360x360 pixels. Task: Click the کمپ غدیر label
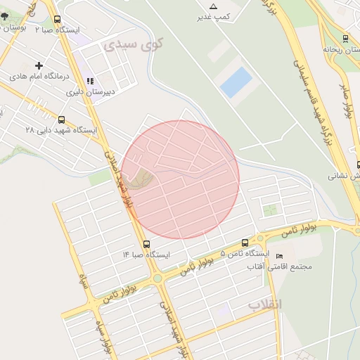pyautogui.click(x=214, y=16)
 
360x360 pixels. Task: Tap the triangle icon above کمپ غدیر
pyautogui.click(x=214, y=6)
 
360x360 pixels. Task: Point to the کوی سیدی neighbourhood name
pyautogui.click(x=133, y=44)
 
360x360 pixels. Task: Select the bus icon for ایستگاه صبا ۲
pyautogui.click(x=57, y=20)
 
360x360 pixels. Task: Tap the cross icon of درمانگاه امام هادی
pyautogui.click(x=39, y=65)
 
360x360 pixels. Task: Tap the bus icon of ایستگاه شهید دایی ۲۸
pyautogui.click(x=62, y=120)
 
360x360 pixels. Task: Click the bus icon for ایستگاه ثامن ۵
pyautogui.click(x=245, y=242)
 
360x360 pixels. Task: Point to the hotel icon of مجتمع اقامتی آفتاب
pyautogui.click(x=280, y=256)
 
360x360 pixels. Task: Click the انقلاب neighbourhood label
pyautogui.click(x=264, y=304)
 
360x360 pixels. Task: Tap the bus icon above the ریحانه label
pyautogui.click(x=345, y=39)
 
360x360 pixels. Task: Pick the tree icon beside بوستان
pyautogui.click(x=6, y=27)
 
